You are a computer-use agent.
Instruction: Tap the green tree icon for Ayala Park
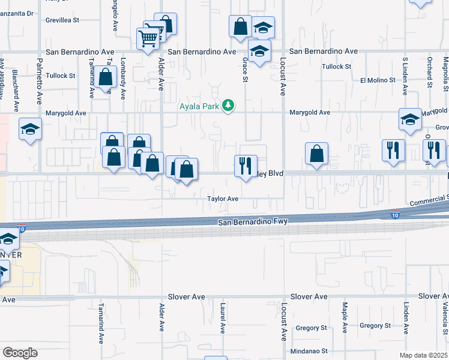tap(228, 106)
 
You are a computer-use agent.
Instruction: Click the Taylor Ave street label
tap(223, 199)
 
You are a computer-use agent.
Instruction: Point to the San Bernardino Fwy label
tap(254, 222)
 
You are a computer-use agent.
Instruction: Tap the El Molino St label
tap(378, 80)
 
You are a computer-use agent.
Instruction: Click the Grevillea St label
tap(62, 20)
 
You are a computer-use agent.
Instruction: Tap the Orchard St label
tap(430, 70)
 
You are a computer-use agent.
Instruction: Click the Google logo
tap(20, 353)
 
